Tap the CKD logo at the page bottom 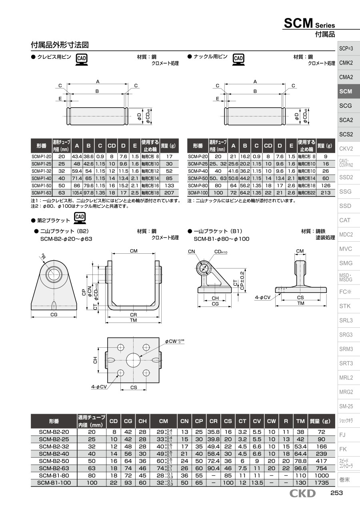point(302,493)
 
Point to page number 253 point(336,493)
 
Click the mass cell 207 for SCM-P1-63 point(169,193)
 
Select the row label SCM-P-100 point(198,193)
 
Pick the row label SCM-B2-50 point(54,461)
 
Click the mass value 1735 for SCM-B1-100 point(321,483)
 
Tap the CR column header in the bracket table point(213,421)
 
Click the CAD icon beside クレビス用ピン point(82,60)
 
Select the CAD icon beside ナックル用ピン point(238,60)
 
